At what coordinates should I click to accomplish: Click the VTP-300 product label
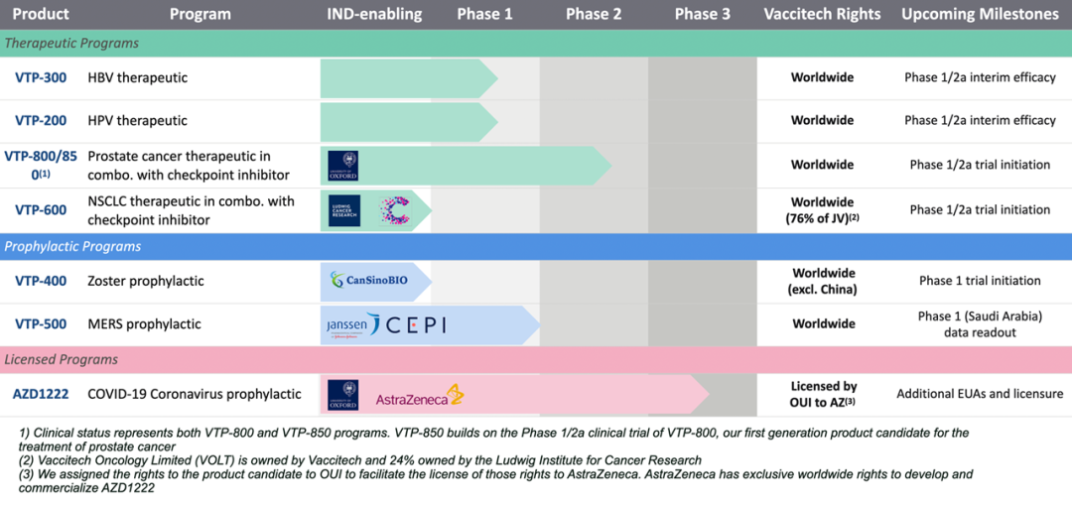pyautogui.click(x=41, y=77)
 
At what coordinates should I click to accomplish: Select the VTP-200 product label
pyautogui.click(x=41, y=120)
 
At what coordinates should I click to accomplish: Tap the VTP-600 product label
pyautogui.click(x=41, y=209)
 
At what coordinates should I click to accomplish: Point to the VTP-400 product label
pyautogui.click(x=41, y=281)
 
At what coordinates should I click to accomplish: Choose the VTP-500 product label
pyautogui.click(x=41, y=323)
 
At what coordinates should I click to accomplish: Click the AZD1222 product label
pyautogui.click(x=41, y=394)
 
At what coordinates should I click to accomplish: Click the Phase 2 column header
pyautogui.click(x=594, y=14)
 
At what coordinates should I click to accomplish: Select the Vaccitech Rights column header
pyautogui.click(x=822, y=14)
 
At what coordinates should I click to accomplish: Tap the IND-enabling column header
pyautogui.click(x=374, y=14)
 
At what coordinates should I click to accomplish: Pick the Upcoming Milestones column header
pyautogui.click(x=980, y=14)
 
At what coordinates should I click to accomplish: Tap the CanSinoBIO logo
pyautogui.click(x=368, y=281)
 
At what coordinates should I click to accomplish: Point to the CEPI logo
pyautogui.click(x=416, y=324)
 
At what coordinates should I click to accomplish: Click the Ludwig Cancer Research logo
pyautogui.click(x=343, y=209)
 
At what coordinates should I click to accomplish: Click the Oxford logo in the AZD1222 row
pyautogui.click(x=342, y=395)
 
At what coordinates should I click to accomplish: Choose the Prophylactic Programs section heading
pyautogui.click(x=73, y=246)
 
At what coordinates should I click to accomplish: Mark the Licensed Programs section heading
pyautogui.click(x=62, y=359)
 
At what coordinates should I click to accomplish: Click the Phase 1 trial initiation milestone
pyautogui.click(x=980, y=281)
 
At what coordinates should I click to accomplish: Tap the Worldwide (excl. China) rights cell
pyautogui.click(x=822, y=281)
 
